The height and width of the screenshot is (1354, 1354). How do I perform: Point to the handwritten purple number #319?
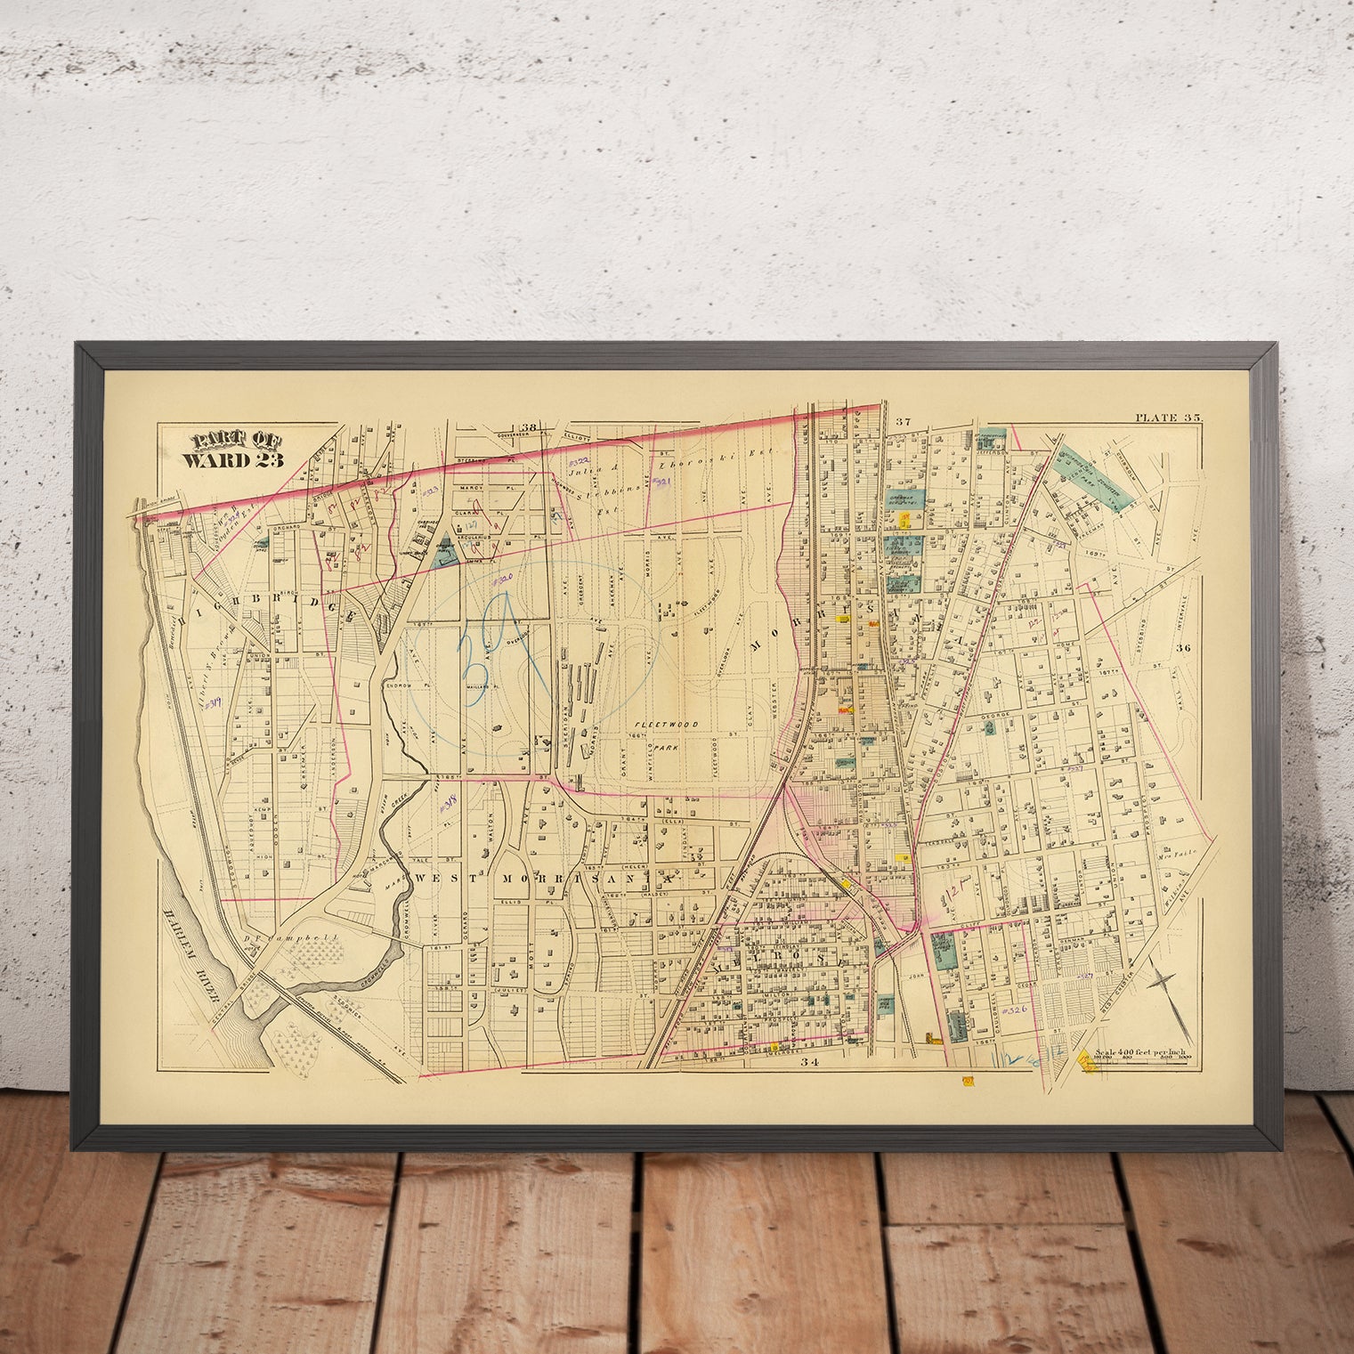[x=212, y=702]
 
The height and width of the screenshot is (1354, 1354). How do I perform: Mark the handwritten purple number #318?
[x=449, y=804]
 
